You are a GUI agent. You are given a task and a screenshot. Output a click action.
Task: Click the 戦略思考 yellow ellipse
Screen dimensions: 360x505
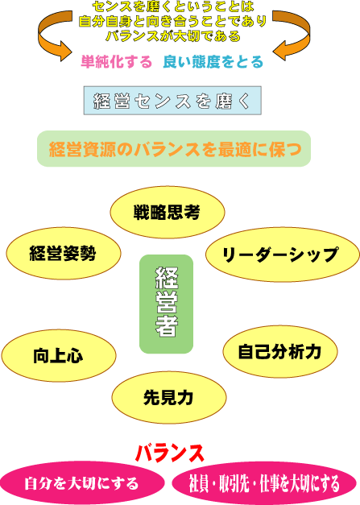[168, 213]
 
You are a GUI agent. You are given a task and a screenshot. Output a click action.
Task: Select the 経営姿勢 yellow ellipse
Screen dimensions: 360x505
[64, 253]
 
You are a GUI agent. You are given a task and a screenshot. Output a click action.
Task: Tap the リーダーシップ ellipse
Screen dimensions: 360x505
[283, 255]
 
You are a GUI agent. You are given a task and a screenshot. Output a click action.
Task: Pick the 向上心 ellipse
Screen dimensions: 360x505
[59, 355]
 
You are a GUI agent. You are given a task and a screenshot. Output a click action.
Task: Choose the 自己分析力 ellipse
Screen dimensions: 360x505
[280, 351]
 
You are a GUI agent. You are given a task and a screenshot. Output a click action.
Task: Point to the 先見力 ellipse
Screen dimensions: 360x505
[169, 397]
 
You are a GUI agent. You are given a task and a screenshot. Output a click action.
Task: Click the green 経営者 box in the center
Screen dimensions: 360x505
[166, 304]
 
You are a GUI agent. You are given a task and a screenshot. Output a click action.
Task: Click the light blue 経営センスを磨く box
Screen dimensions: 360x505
[172, 101]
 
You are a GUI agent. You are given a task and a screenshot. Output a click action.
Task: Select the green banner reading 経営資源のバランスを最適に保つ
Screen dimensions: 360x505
[174, 148]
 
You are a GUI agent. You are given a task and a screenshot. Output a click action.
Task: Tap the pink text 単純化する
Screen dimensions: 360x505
[116, 61]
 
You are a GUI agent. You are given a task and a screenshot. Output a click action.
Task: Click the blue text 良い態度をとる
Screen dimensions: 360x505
[213, 61]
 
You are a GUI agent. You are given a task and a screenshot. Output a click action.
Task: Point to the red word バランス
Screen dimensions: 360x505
[170, 453]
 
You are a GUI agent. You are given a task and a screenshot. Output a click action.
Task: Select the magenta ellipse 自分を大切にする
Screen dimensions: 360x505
[82, 483]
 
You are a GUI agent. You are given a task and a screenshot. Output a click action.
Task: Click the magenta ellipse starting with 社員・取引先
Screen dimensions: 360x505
[264, 483]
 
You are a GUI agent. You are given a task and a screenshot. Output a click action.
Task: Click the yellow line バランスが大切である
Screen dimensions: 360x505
[173, 35]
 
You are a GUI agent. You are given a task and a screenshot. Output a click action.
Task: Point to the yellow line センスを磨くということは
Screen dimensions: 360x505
[173, 6]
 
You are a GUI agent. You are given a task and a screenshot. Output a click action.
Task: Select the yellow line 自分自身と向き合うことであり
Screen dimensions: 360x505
[173, 21]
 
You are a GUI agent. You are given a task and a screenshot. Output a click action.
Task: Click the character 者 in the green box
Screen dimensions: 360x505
[167, 326]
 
